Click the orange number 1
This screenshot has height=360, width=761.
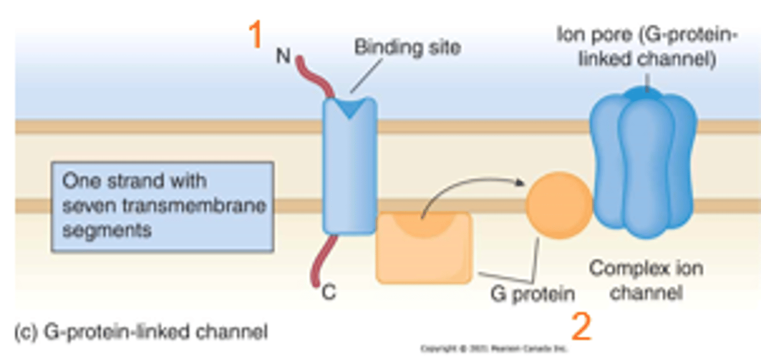(x=256, y=35)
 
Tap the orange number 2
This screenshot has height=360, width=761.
(x=581, y=327)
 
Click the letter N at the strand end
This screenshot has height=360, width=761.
(x=283, y=56)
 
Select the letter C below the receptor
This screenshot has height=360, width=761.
(x=329, y=292)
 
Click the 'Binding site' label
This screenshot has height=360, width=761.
(x=407, y=48)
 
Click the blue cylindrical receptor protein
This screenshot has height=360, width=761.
(x=349, y=169)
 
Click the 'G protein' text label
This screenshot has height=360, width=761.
(x=532, y=294)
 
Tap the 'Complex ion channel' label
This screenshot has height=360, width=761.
(x=646, y=280)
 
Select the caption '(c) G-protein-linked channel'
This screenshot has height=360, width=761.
(x=141, y=332)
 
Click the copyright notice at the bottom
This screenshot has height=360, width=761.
(x=494, y=349)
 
